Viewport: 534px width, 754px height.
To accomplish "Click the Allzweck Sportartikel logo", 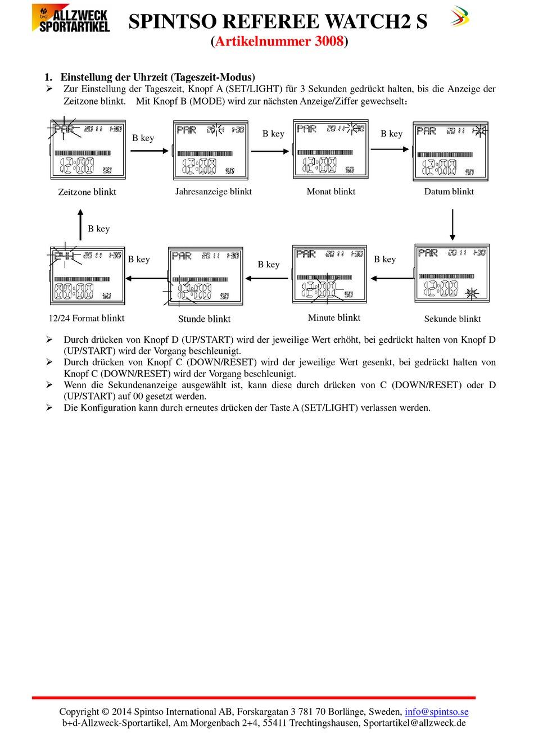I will (71, 19).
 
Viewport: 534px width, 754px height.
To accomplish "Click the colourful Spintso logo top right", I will (459, 17).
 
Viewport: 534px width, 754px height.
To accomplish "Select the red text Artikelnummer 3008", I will (279, 41).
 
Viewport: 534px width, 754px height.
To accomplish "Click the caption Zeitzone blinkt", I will (87, 192).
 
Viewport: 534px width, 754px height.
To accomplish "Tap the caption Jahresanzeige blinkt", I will (213, 192).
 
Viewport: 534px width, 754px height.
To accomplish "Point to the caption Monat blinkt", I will (331, 192).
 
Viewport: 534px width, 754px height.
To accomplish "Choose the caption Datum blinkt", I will (449, 192).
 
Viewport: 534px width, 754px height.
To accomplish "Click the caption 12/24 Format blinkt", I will (87, 318).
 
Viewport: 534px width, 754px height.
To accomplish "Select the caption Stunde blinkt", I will (204, 319).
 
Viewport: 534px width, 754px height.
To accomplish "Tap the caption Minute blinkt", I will (334, 318).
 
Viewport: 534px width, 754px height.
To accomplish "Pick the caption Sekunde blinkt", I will (452, 319).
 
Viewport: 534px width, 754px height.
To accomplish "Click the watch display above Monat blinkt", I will (331, 149).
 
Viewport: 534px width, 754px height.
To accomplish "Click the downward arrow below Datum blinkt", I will (452, 225).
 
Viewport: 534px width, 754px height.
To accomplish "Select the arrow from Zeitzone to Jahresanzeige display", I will (150, 151).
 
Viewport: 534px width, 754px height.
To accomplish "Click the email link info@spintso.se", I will (436, 712).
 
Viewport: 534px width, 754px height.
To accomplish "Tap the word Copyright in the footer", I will (79, 712).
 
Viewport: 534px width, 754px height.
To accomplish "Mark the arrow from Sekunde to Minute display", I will (391, 278).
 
